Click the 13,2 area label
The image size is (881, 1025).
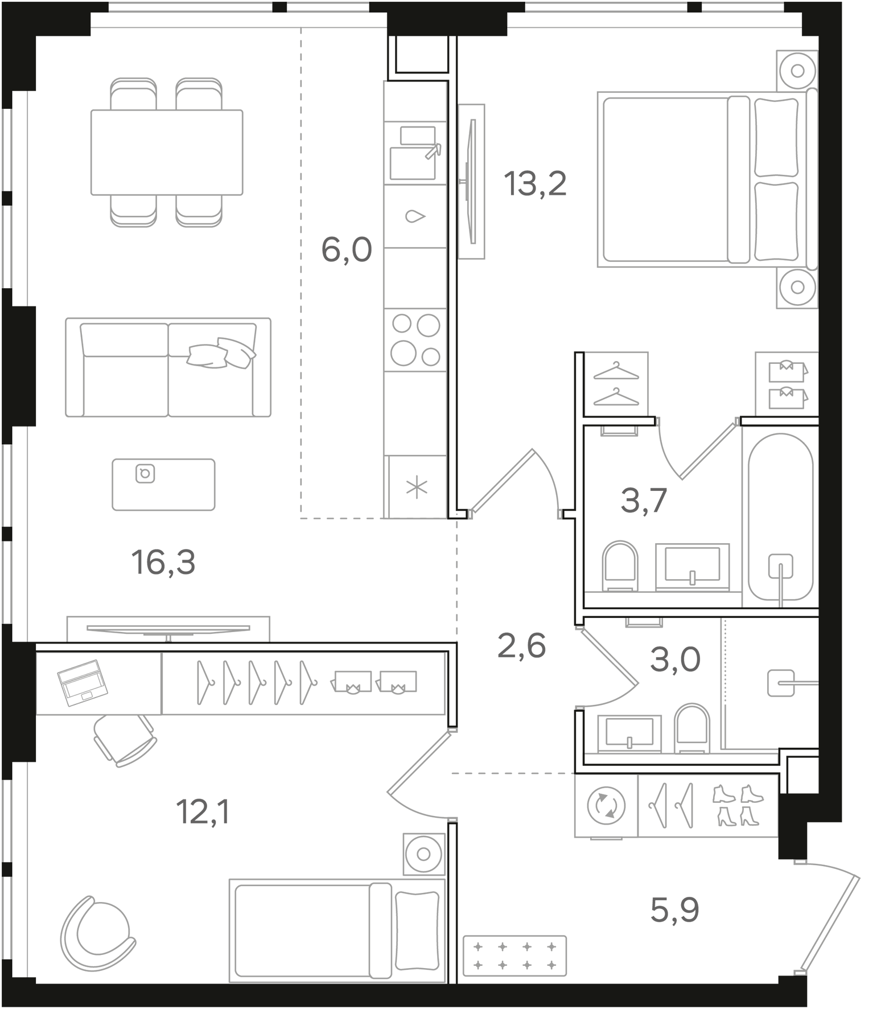click(536, 184)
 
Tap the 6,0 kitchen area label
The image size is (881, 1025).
click(346, 250)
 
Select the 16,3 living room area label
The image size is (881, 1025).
click(163, 563)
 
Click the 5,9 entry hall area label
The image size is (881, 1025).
click(674, 910)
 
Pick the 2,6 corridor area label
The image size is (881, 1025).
click(521, 646)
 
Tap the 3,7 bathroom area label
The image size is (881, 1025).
click(643, 501)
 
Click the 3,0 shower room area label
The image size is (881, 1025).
click(675, 659)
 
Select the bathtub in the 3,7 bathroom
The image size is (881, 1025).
click(780, 516)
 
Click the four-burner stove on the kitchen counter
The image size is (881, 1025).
click(415, 340)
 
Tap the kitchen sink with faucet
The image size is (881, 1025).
click(414, 153)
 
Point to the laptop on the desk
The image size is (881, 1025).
click(80, 682)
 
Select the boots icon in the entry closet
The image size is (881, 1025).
click(738, 806)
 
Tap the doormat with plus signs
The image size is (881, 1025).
click(514, 956)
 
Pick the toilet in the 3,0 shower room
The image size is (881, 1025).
click(691, 728)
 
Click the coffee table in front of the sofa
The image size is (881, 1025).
click(163, 484)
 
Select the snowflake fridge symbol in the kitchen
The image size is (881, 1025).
click(417, 487)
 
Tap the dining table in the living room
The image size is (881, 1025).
click(167, 152)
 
